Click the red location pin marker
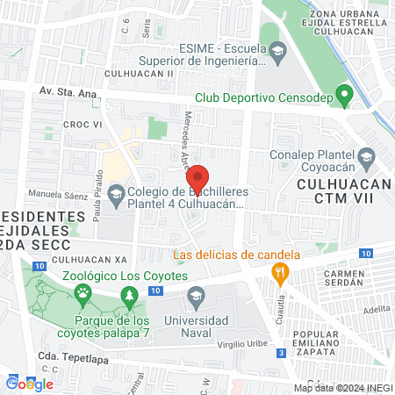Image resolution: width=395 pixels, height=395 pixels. click(198, 178)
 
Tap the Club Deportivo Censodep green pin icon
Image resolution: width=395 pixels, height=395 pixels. click(346, 94)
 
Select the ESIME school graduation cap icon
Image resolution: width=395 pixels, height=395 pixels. click(277, 53)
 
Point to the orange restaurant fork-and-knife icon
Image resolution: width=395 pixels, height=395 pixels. click(280, 274)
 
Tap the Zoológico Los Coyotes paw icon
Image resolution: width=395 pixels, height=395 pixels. click(83, 292)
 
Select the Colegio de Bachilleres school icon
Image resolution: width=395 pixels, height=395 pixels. click(117, 192)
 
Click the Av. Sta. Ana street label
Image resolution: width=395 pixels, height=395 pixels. click(66, 90)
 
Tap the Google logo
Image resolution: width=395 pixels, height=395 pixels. click(29, 383)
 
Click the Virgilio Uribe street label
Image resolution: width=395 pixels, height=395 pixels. click(235, 347)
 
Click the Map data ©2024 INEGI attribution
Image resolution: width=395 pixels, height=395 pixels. click(341, 387)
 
